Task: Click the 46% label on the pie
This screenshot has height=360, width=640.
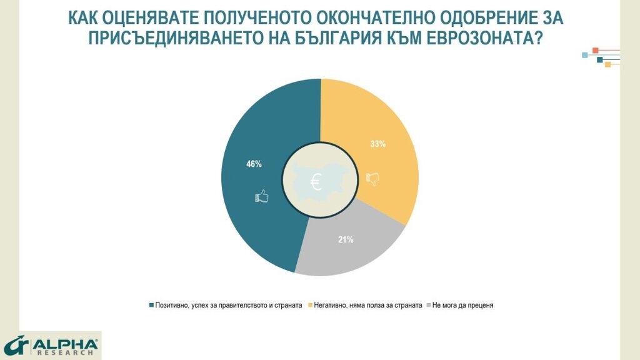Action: click(254, 164)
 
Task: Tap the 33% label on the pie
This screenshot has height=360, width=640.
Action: click(378, 144)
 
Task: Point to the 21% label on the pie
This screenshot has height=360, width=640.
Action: click(346, 239)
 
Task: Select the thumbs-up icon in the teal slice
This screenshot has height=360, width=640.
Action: click(261, 197)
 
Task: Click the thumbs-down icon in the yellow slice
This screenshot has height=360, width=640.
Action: click(373, 179)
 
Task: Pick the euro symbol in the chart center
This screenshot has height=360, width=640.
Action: click(316, 182)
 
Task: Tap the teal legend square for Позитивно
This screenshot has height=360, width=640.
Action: click(151, 305)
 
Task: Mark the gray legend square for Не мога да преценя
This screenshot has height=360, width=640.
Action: click(428, 305)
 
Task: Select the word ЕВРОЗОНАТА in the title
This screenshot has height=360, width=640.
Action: click(486, 38)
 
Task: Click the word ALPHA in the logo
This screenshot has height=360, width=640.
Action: click(66, 344)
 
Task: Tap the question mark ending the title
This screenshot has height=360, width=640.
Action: click(537, 38)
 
